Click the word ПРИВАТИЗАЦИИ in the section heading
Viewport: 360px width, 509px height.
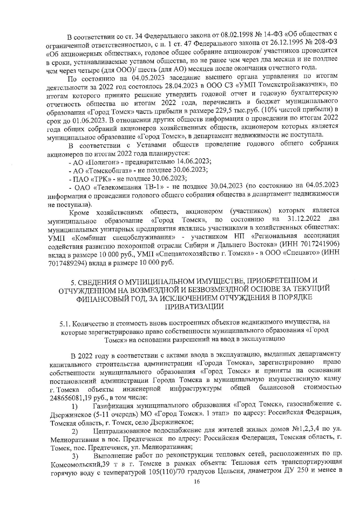pos(194,306)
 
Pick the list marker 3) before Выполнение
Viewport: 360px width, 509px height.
pos(75,456)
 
